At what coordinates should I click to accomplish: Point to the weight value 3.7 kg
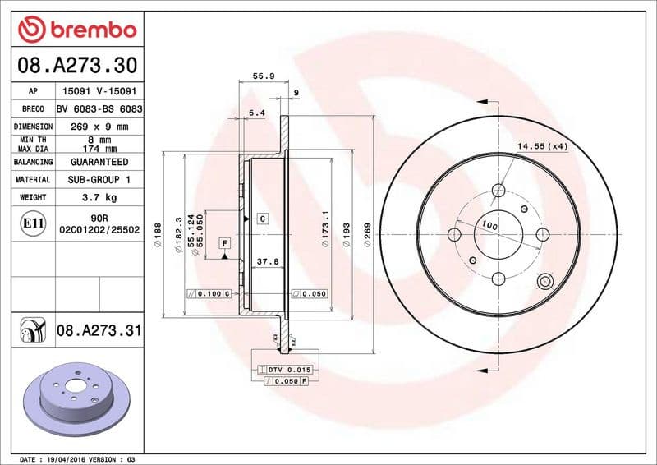click(x=99, y=197)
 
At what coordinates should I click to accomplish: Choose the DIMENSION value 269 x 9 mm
click(x=99, y=127)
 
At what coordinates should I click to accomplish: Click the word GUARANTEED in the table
click(x=99, y=163)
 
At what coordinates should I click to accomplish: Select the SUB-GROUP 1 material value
click(x=99, y=179)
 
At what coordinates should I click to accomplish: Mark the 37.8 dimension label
click(x=266, y=263)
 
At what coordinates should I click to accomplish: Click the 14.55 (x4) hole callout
click(x=542, y=146)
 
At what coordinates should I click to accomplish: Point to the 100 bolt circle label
click(x=490, y=224)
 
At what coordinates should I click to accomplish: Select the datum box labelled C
click(x=262, y=219)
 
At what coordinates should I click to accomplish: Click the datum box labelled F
click(x=223, y=243)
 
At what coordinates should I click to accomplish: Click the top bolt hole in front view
click(x=498, y=191)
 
